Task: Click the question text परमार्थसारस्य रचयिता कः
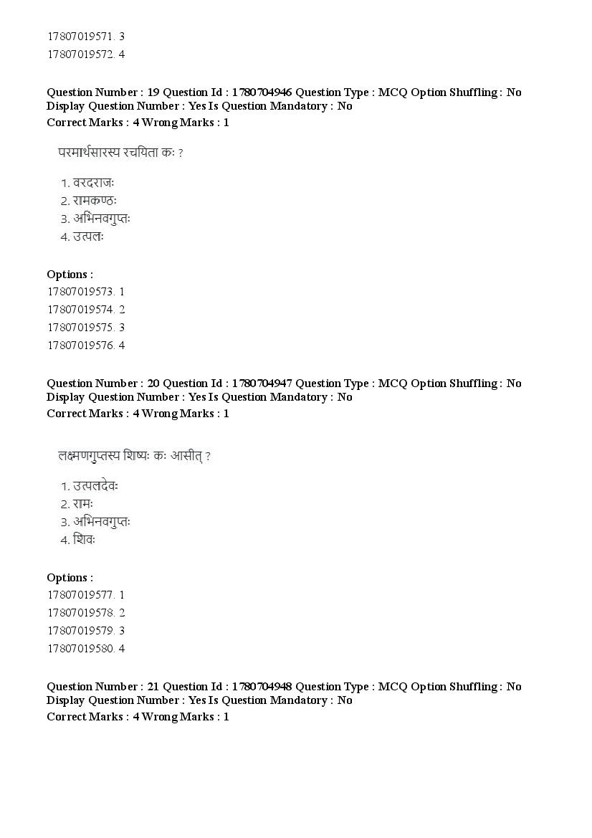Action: (x=120, y=153)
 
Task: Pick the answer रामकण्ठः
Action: (x=94, y=201)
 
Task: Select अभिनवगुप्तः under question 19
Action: (x=101, y=219)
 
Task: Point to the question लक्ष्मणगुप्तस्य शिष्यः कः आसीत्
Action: (x=133, y=456)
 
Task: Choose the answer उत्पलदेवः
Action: (x=95, y=486)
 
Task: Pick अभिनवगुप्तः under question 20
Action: (x=101, y=522)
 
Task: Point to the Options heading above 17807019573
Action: (x=70, y=274)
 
